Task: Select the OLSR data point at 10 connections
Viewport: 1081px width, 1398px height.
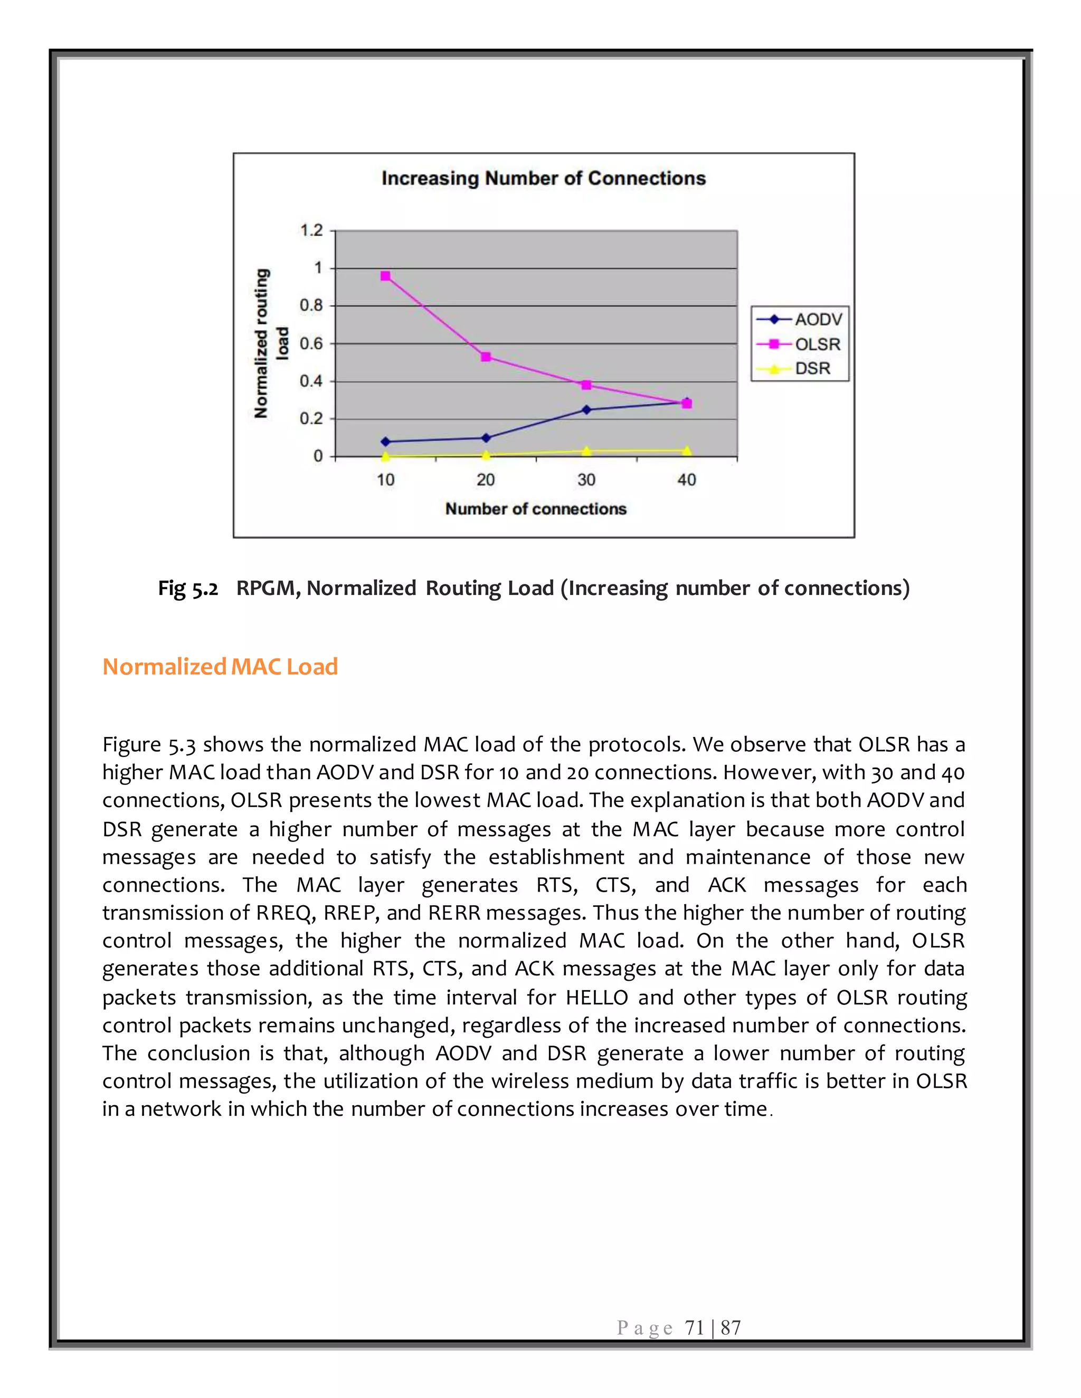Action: (x=385, y=276)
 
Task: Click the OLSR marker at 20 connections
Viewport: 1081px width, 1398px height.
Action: (x=486, y=357)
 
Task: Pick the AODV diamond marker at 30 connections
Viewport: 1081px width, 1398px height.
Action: (x=586, y=410)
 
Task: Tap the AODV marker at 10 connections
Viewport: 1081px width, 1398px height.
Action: (x=385, y=442)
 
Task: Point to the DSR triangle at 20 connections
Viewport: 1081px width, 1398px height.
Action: (x=486, y=455)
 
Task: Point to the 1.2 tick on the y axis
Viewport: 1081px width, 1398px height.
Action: (x=312, y=231)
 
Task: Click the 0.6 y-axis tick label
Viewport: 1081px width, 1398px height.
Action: (x=312, y=344)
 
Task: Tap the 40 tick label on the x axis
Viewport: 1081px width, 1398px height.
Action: (x=687, y=480)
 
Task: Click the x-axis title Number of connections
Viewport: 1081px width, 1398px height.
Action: (x=535, y=509)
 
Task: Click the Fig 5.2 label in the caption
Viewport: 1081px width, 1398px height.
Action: (x=187, y=588)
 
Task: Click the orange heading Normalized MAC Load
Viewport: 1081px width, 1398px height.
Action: (x=220, y=666)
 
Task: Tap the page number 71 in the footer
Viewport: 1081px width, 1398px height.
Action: (x=694, y=1328)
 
